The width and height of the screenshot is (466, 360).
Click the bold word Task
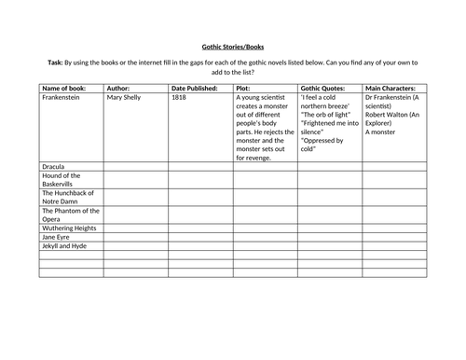[58, 62]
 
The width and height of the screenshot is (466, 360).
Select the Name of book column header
[66, 87]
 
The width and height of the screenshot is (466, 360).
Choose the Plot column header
[246, 87]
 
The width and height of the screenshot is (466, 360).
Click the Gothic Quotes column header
[322, 87]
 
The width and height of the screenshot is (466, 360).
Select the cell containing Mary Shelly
[129, 96]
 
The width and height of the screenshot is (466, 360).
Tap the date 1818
[181, 96]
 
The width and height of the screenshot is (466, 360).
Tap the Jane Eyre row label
[56, 238]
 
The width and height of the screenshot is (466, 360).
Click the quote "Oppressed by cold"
[323, 145]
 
